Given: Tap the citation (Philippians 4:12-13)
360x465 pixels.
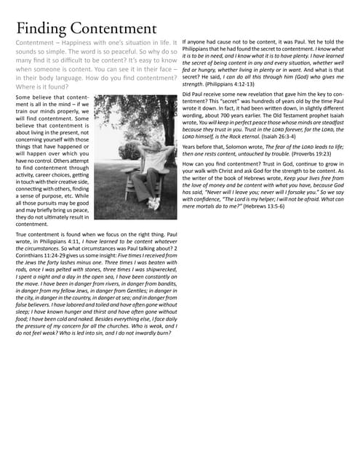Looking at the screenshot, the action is [x=229, y=84].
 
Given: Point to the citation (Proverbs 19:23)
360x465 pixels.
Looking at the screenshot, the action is [x=296, y=154].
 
